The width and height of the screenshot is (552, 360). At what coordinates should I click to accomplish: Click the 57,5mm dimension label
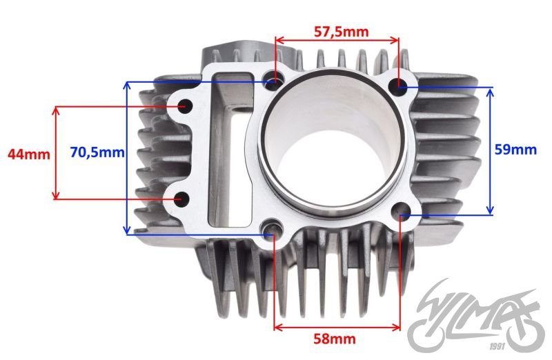pos(341,32)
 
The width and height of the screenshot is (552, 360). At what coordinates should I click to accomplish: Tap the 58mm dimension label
pos(335,339)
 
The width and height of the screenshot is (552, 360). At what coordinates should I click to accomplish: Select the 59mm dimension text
pos(515,150)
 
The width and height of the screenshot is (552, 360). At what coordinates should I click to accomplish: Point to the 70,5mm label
pos(97,152)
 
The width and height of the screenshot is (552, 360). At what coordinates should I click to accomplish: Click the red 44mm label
pos(29,154)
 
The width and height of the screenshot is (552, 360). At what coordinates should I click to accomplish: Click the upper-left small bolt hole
pos(185,106)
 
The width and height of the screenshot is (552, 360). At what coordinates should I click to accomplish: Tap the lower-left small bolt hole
pos(182,199)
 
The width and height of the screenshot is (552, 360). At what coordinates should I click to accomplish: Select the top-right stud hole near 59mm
pos(398,86)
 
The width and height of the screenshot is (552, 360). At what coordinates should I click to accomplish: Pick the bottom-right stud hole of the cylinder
pos(400,210)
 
